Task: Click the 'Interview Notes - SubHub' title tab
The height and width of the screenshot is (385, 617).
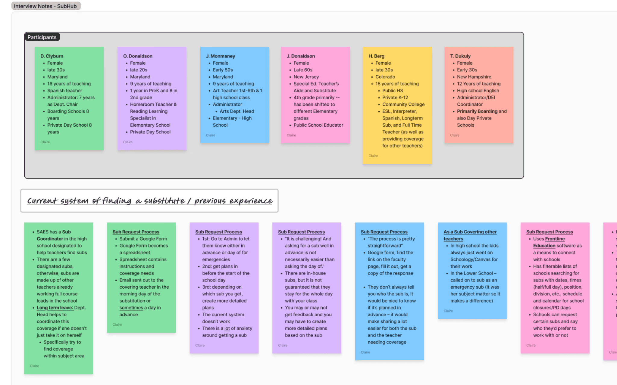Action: [x=45, y=6]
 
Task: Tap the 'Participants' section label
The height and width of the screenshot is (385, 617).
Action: [x=42, y=37]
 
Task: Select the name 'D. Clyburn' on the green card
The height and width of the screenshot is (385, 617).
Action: [x=52, y=56]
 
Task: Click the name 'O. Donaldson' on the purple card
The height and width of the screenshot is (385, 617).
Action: [x=138, y=56]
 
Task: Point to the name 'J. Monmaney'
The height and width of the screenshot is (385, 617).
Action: [x=220, y=56]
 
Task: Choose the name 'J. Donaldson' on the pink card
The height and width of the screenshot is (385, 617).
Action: [x=301, y=56]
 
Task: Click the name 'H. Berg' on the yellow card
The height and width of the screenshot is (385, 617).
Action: [x=376, y=56]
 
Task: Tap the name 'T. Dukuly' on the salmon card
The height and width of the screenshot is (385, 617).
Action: [x=460, y=56]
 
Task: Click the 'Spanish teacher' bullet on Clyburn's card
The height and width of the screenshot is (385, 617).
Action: [x=64, y=91]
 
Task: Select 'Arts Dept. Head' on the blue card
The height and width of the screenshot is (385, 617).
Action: [x=237, y=111]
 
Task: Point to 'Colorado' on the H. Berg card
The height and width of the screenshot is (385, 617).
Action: [x=385, y=77]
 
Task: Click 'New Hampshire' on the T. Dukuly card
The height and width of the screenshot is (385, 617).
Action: [x=474, y=77]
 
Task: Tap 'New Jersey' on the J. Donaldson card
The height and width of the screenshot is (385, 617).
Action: [x=306, y=77]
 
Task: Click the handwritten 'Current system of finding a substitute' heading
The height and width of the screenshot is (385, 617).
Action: [x=150, y=201]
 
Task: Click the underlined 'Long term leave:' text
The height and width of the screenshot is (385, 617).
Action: [x=55, y=308]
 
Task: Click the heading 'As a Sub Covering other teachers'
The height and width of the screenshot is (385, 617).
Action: [x=470, y=235]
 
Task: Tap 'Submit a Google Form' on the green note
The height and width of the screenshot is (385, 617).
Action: [x=143, y=239]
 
